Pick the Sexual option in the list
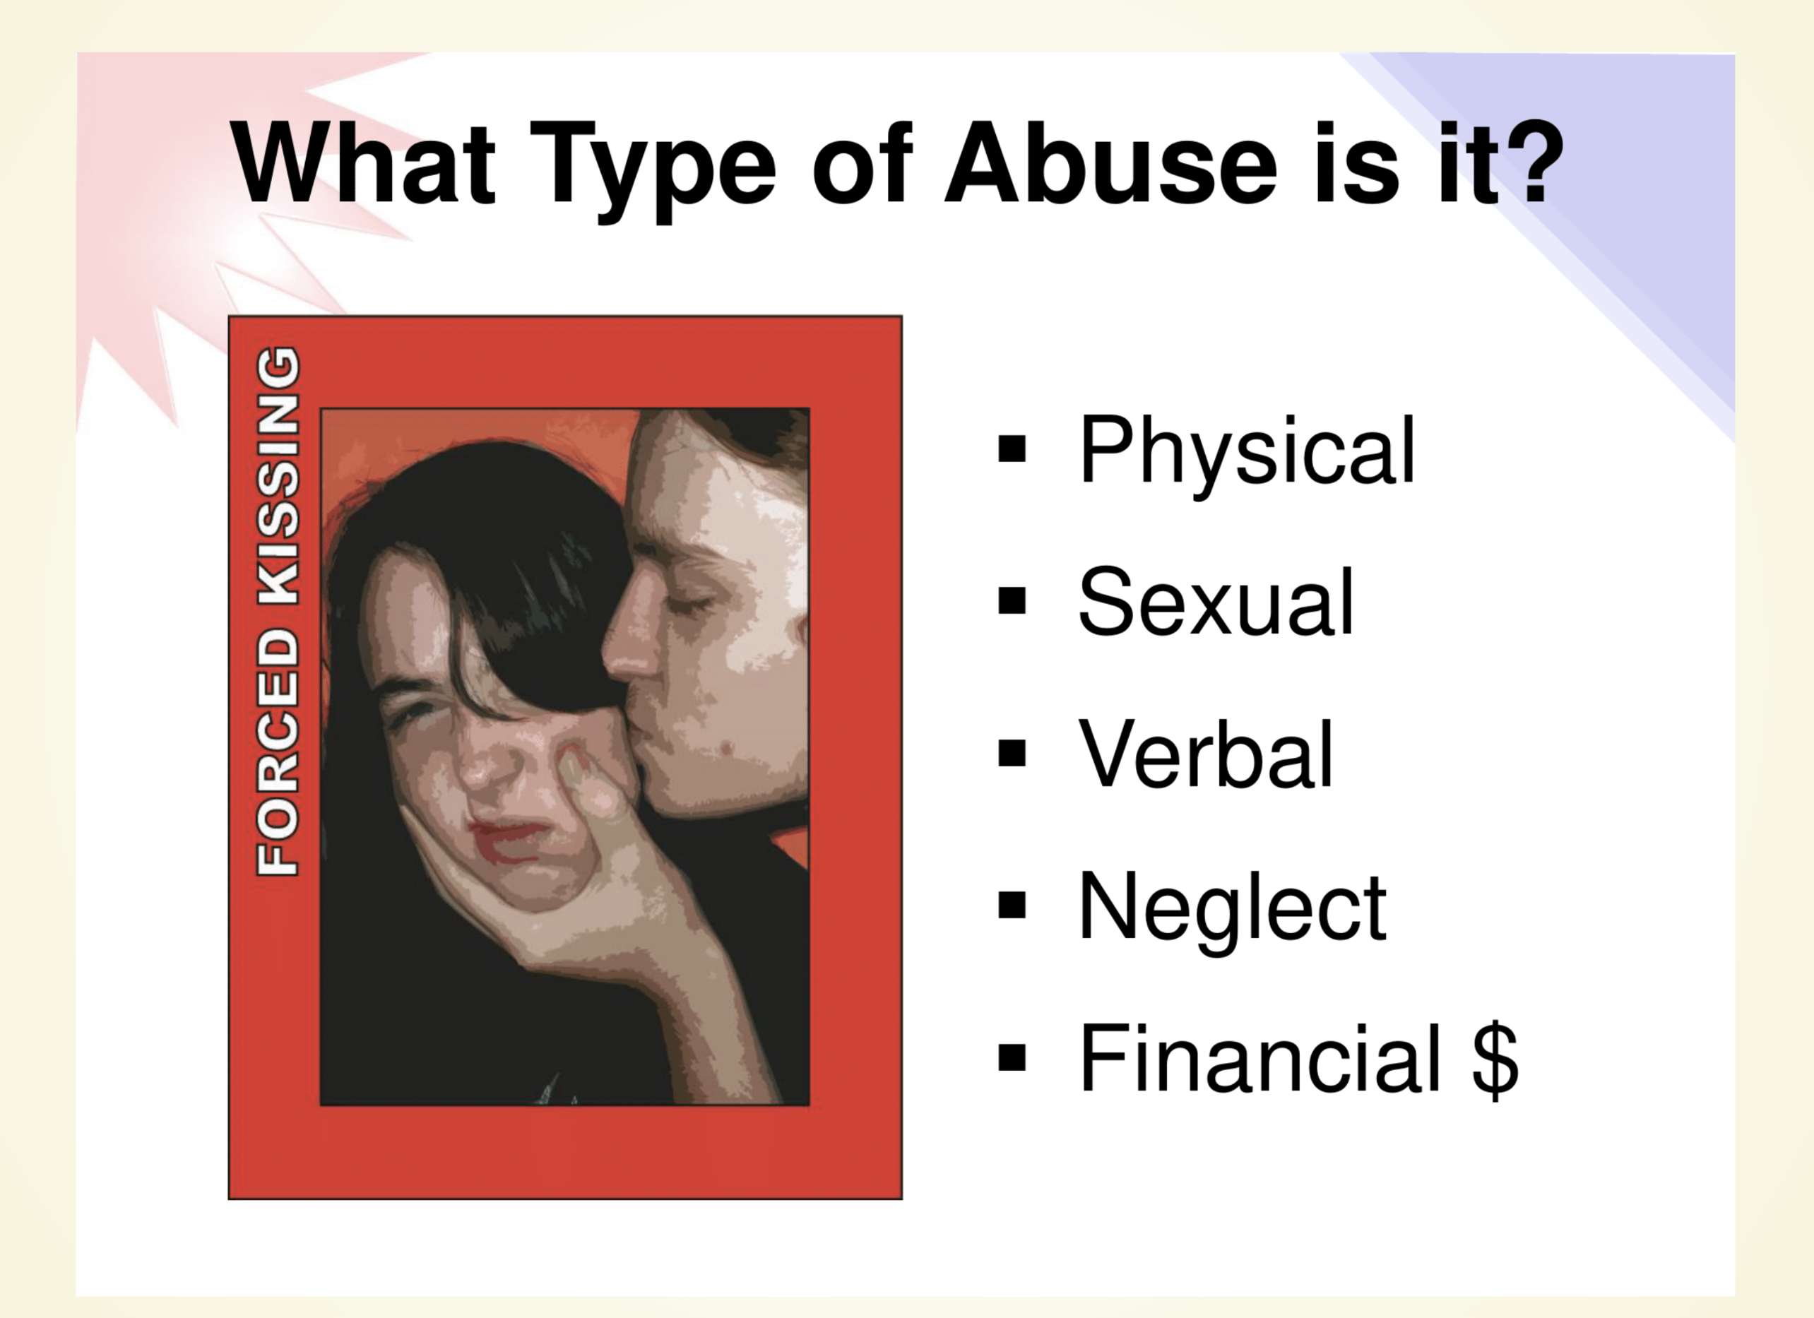pyautogui.click(x=1216, y=601)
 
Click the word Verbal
pyautogui.click(x=1206, y=754)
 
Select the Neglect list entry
pyautogui.click(x=1233, y=912)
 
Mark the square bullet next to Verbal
pyautogui.click(x=1012, y=752)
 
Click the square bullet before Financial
pyautogui.click(x=1012, y=1057)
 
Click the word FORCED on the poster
pyautogui.click(x=278, y=752)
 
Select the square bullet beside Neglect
pyautogui.click(x=1012, y=905)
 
